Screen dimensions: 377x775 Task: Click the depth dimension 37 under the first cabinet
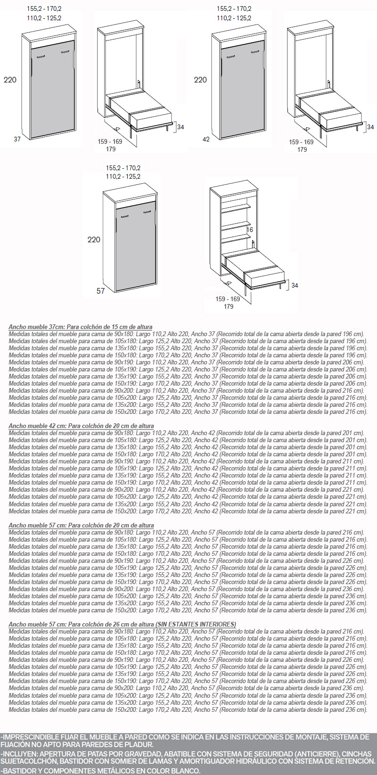(17, 139)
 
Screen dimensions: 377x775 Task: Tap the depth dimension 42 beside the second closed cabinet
(206, 140)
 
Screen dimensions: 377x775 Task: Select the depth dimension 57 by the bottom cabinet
(101, 291)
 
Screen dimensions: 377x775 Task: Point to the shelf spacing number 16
(250, 230)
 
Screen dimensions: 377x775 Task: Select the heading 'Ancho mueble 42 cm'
(38, 426)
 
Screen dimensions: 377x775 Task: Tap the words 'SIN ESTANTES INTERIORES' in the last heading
(196, 624)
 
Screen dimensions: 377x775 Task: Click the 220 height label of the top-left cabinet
(10, 80)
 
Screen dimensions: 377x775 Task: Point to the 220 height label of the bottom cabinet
(94, 239)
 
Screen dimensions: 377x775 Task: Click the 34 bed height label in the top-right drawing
(370, 127)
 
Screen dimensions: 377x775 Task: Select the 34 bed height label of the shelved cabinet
(295, 285)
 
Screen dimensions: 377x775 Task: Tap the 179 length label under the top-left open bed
(111, 149)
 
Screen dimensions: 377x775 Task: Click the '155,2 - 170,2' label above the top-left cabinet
(44, 8)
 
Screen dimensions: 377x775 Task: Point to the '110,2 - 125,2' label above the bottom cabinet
(123, 176)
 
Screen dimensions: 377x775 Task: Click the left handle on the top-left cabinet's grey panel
(41, 57)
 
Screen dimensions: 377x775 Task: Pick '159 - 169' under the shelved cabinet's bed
(228, 299)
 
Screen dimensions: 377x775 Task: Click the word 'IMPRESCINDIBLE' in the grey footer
(28, 737)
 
